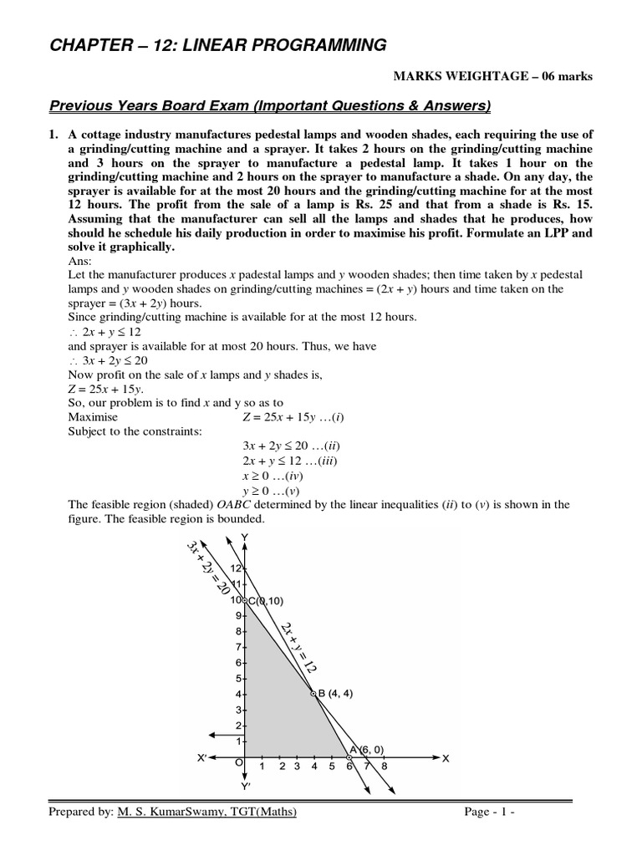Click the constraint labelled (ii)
[288, 446]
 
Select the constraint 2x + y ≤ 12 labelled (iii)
[289, 461]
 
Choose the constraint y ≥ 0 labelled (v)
[270, 491]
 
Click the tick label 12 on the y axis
[236, 568]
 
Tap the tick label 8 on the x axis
[384, 766]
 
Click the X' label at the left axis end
[201, 758]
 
